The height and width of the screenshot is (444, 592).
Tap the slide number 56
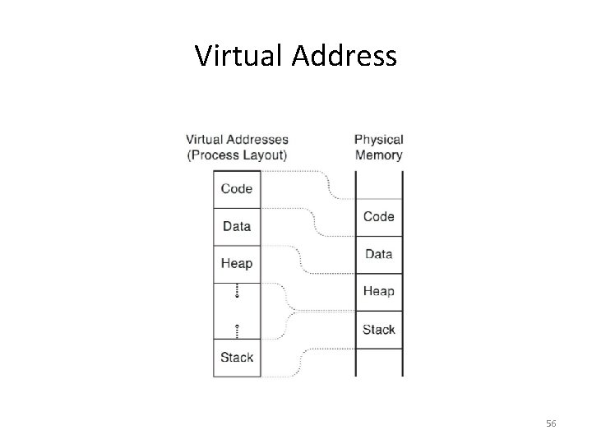pyautogui.click(x=551, y=423)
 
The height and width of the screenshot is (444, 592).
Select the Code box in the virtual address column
pyautogui.click(x=237, y=188)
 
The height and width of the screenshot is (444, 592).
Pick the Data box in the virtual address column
pyautogui.click(x=237, y=226)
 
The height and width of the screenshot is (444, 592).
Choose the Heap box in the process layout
pyautogui.click(x=237, y=264)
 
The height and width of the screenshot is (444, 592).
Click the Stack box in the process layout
pyautogui.click(x=237, y=358)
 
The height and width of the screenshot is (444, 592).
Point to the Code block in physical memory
pyautogui.click(x=378, y=217)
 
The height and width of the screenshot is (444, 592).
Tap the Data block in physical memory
pyautogui.click(x=378, y=255)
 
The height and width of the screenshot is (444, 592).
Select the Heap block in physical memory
pyautogui.click(x=378, y=292)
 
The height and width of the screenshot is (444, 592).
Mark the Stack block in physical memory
pyautogui.click(x=378, y=330)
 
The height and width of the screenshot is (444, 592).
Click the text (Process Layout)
pyautogui.click(x=237, y=155)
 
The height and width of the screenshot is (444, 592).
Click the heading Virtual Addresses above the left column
pyautogui.click(x=237, y=140)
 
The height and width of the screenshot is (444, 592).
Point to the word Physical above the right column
pyautogui.click(x=378, y=140)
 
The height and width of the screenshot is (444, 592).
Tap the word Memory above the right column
pyautogui.click(x=378, y=155)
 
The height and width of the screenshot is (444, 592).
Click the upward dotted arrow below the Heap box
pyautogui.click(x=237, y=290)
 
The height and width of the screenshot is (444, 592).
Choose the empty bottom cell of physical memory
pyautogui.click(x=378, y=362)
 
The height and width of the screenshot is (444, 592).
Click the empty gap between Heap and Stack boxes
pyautogui.click(x=237, y=311)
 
